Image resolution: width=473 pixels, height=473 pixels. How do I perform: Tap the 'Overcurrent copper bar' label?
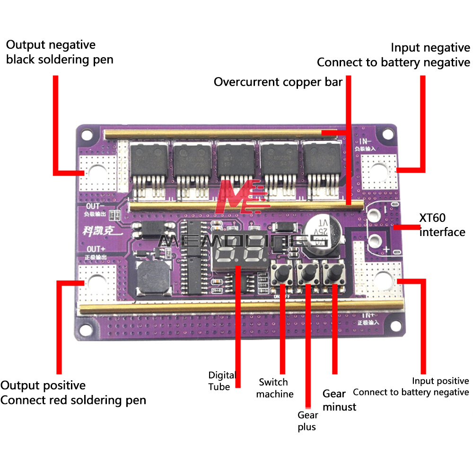(278, 82)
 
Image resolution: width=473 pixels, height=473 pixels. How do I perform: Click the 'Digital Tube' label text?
(222, 381)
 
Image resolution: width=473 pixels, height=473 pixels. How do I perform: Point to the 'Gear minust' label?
(339, 400)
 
